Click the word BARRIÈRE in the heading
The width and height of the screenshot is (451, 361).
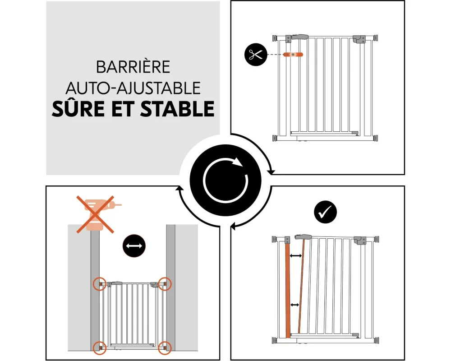(x=133, y=67)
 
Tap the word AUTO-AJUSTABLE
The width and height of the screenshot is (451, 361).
(x=133, y=88)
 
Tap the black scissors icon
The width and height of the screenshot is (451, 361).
(x=256, y=55)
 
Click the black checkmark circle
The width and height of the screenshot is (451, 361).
(x=325, y=212)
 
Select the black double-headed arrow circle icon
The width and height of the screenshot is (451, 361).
(x=134, y=246)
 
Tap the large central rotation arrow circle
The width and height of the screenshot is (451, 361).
(x=225, y=180)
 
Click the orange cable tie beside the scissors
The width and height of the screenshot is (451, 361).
(x=293, y=55)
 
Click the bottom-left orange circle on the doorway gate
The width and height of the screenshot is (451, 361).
(x=100, y=348)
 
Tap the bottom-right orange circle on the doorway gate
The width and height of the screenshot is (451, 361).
(x=165, y=348)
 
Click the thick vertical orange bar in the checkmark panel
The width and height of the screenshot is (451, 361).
(x=288, y=291)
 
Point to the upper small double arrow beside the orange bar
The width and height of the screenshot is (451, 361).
(x=296, y=256)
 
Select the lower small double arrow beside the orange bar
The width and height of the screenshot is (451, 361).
(x=295, y=305)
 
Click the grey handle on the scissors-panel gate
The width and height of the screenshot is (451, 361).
(x=300, y=37)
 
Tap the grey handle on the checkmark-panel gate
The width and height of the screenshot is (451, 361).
(x=303, y=237)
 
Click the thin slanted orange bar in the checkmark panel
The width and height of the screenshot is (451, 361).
(x=301, y=287)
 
